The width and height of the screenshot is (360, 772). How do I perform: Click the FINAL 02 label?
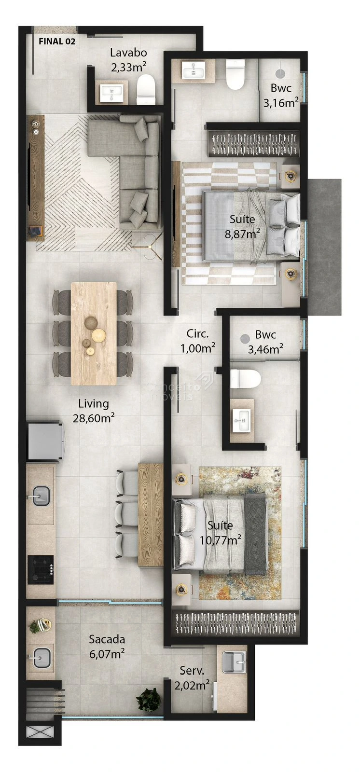tap(57, 41)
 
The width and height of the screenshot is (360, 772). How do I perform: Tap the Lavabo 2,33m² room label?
tap(128, 60)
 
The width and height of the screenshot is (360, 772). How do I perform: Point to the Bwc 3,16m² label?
tap(281, 96)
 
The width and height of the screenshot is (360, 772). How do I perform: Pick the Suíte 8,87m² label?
tap(242, 226)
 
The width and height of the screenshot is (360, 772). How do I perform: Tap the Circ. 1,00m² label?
tap(197, 341)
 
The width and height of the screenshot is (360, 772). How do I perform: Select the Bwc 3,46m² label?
tap(265, 342)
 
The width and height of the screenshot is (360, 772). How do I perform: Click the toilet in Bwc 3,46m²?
tap(245, 379)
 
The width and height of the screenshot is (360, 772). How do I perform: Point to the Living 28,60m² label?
tap(94, 411)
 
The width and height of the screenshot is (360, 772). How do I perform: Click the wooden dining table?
tap(94, 333)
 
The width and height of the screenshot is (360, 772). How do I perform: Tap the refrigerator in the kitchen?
tap(45, 441)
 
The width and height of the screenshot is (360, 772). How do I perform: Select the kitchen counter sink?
tap(41, 496)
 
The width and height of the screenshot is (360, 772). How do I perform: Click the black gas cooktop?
tap(41, 569)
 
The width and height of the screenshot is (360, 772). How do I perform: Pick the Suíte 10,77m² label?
tap(221, 533)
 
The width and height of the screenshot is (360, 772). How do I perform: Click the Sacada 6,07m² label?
tap(107, 647)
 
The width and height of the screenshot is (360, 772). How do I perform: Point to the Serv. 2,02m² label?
tap(192, 678)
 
